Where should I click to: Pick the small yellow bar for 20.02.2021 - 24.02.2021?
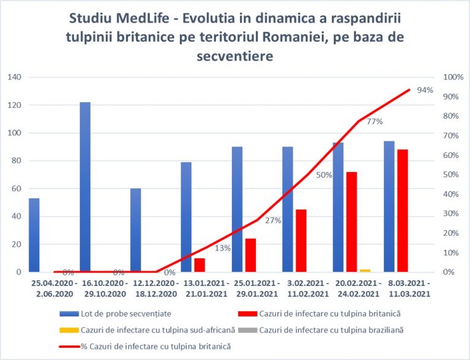(348, 270)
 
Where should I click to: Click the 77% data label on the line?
(375, 121)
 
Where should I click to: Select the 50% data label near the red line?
(324, 175)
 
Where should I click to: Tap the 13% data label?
(223, 248)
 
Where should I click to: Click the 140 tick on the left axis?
(14, 77)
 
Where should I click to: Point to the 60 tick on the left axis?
(16, 189)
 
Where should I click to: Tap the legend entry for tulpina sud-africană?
(155, 331)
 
